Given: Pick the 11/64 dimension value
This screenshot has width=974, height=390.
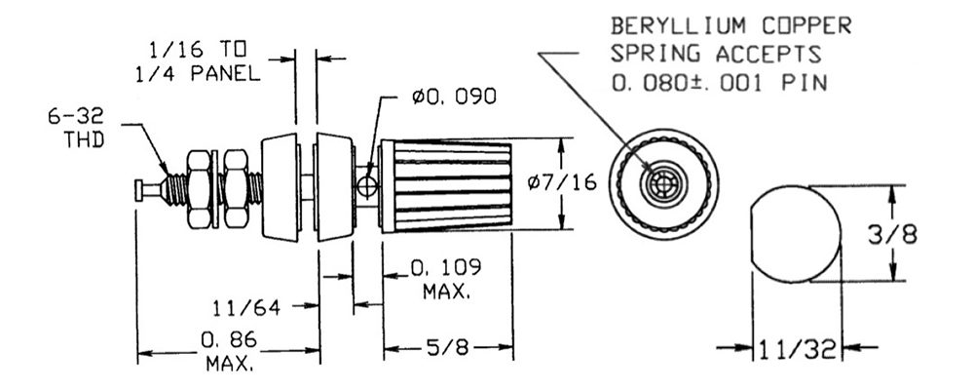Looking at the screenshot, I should click(246, 308).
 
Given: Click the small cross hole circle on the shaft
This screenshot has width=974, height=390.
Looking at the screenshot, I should click(365, 183).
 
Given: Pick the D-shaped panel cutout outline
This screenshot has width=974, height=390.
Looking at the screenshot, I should click(794, 234).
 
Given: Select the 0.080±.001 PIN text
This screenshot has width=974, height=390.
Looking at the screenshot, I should click(719, 83).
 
